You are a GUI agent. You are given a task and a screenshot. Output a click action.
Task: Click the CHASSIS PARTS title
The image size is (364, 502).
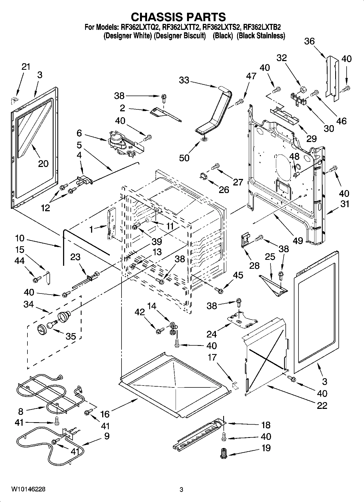pyautogui.click(x=178, y=17)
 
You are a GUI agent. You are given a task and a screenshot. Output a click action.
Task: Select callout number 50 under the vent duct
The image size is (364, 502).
pyautogui.click(x=184, y=157)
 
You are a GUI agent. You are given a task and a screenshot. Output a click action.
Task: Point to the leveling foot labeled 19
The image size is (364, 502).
pyautogui.click(x=223, y=453)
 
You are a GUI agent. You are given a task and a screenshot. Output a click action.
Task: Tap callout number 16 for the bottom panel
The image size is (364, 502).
pyautogui.click(x=105, y=414)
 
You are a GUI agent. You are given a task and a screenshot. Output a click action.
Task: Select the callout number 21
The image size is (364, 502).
pyautogui.click(x=26, y=67)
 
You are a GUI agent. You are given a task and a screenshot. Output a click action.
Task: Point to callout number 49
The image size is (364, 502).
pyautogui.click(x=298, y=240)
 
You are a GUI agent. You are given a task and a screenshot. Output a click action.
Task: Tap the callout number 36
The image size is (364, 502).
pyautogui.click(x=309, y=41)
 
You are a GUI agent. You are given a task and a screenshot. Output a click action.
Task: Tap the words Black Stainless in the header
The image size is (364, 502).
pyautogui.click(x=261, y=36)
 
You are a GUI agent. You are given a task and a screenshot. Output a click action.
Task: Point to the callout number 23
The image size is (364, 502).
pyautogui.click(x=75, y=257)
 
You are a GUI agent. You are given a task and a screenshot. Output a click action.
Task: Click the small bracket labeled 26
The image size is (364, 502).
pyautogui.click(x=203, y=176)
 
